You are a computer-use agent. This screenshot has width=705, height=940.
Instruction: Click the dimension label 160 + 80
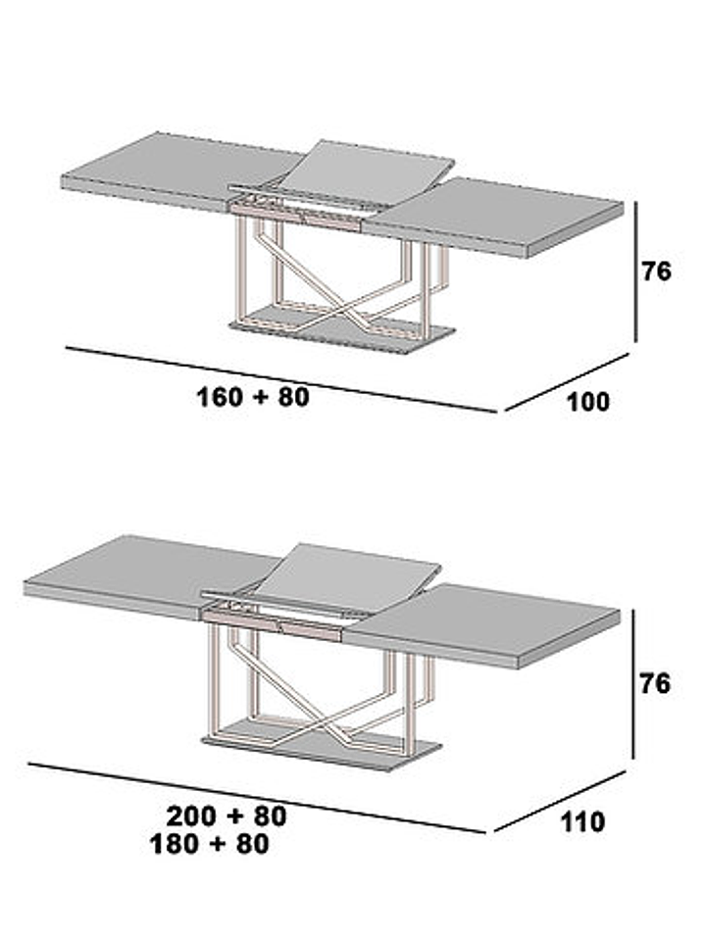253,397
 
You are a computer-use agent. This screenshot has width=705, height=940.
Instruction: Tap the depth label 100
587,402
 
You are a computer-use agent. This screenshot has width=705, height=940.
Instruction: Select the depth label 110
582,822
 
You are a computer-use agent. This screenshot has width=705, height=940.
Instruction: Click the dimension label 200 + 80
226,816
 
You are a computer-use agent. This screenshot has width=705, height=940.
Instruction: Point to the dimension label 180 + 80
209,844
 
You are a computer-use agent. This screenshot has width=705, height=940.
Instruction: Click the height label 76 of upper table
656,272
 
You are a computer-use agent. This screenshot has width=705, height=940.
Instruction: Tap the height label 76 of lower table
655,684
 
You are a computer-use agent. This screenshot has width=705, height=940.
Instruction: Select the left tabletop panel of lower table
150,575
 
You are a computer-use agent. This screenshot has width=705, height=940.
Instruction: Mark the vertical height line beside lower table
633,684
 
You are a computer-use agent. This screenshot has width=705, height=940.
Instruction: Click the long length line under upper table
281,379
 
